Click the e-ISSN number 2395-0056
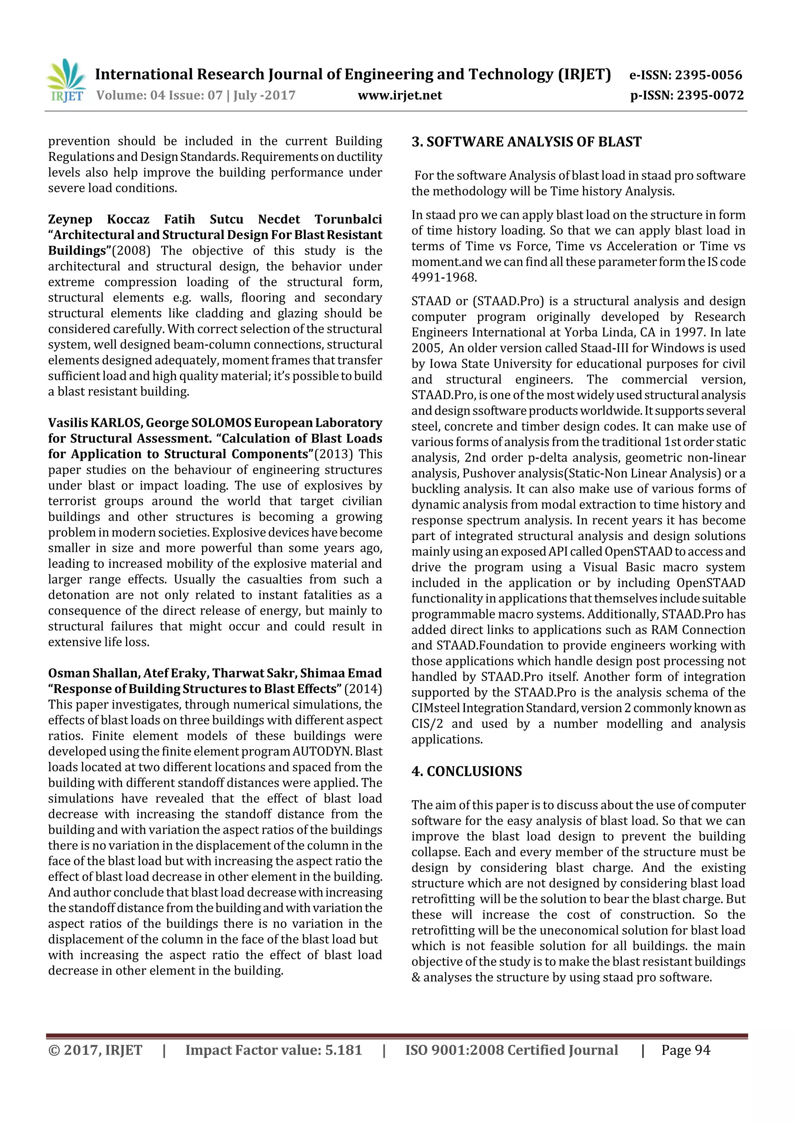click(708, 75)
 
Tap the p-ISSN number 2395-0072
click(710, 95)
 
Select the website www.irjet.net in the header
click(400, 95)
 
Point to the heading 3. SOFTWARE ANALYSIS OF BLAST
click(526, 142)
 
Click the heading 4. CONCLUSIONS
click(466, 772)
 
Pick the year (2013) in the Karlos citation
click(333, 454)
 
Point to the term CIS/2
click(426, 724)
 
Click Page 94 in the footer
click(685, 1050)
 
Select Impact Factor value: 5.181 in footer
click(273, 1050)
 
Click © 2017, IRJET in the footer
click(95, 1050)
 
